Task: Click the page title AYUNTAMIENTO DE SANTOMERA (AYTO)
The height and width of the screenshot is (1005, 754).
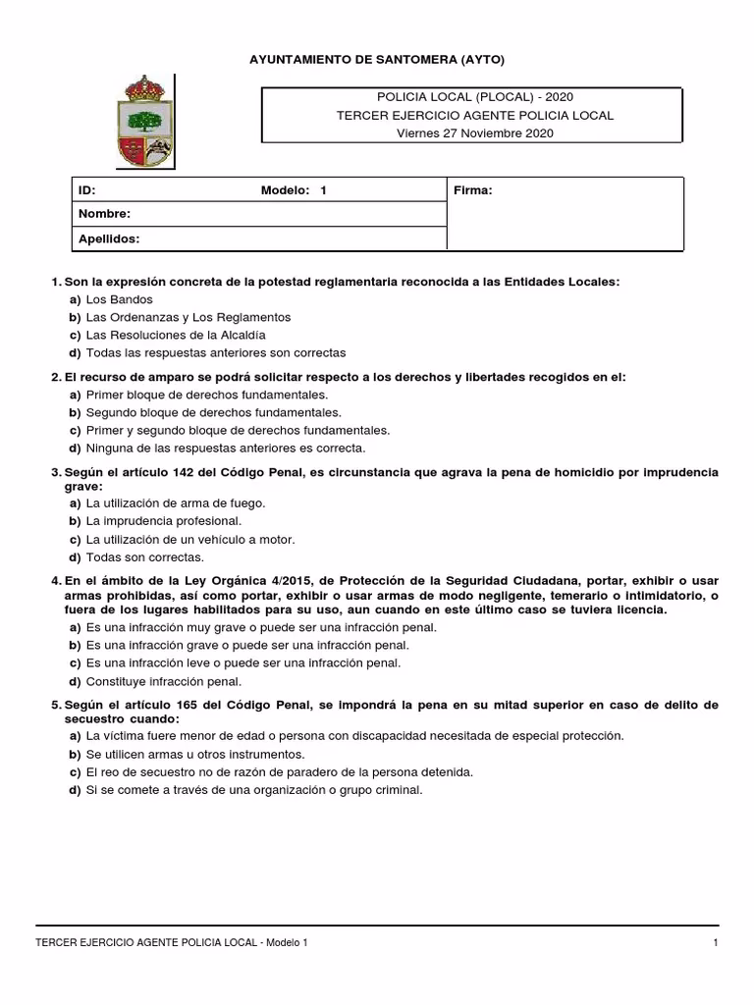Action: pos(378,60)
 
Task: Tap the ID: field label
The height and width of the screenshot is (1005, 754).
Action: pos(86,190)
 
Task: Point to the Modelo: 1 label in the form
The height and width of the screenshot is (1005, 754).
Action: pos(293,190)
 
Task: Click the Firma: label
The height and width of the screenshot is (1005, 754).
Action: pos(472,190)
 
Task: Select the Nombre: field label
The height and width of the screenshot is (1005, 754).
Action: pos(103,214)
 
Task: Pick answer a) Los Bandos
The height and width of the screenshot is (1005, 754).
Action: pos(119,299)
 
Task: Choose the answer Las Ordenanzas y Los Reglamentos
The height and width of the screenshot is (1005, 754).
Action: pos(188,317)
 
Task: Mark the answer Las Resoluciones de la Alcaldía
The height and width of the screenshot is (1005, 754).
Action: pos(176,335)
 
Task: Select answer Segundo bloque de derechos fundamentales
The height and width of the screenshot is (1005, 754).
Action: pos(213,412)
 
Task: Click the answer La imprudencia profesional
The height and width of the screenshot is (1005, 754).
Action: pos(163,521)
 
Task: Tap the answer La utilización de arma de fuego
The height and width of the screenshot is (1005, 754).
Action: pos(176,502)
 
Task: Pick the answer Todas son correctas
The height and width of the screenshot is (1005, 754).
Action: pos(144,556)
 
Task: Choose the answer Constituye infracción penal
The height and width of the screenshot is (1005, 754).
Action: pos(163,681)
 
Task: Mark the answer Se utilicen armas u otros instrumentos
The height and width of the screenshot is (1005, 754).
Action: pos(194,754)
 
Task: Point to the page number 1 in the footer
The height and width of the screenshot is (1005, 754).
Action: pos(717,943)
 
